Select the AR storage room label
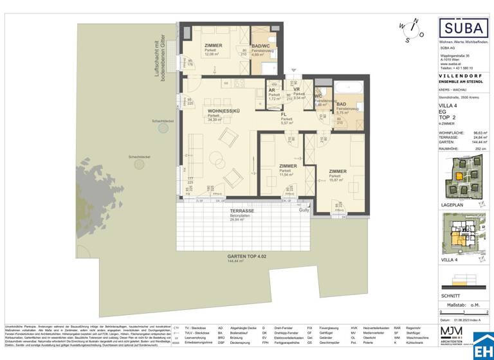[x=272, y=91]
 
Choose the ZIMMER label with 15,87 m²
[x=338, y=172]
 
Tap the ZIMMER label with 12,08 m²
[x=213, y=46]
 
